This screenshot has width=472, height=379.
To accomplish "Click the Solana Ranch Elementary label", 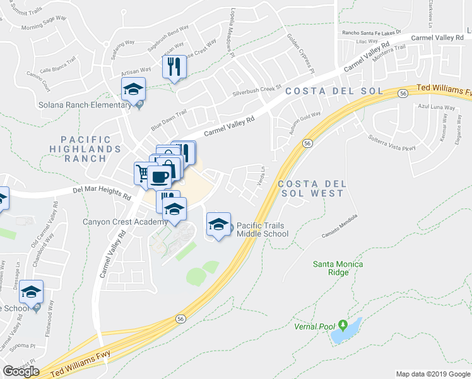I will point(66,105).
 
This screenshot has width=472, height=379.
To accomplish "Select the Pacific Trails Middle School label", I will point(263,229).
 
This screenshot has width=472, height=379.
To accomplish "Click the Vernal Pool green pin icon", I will point(343,326).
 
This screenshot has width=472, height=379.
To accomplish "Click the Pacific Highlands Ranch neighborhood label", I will point(91,149).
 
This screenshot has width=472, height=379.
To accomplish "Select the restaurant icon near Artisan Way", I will point(173,66).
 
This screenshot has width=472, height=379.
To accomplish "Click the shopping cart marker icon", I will point(143,172).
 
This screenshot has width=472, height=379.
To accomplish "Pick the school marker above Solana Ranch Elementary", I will point(133,90).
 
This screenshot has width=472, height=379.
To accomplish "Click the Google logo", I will point(21,371).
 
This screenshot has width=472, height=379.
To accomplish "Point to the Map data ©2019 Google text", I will point(433,374).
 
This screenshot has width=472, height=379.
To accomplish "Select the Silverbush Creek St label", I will point(256,90).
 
